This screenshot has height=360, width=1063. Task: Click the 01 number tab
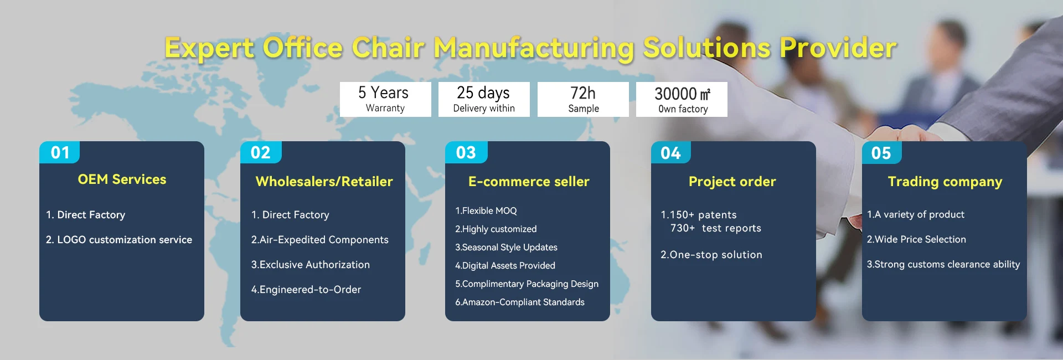pyautogui.click(x=60, y=152)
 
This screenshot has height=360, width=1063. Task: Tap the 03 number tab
pyautogui.click(x=466, y=152)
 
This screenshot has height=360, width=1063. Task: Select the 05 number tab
pyautogui.click(x=881, y=152)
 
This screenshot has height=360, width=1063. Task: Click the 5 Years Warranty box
pyautogui.click(x=385, y=99)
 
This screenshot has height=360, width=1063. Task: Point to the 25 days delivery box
pyautogui.click(x=484, y=99)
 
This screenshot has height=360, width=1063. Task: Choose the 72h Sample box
pyautogui.click(x=583, y=99)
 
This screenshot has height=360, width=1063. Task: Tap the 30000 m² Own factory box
pyautogui.click(x=682, y=99)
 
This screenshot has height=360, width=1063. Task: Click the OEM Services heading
pyautogui.click(x=122, y=179)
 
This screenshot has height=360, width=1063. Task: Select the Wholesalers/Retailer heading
pyautogui.click(x=324, y=182)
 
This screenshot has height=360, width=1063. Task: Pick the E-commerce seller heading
pyautogui.click(x=529, y=182)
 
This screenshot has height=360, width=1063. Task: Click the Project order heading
pyautogui.click(x=732, y=182)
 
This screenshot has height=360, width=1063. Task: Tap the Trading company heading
pyautogui.click(x=945, y=182)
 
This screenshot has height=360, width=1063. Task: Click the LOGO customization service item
pyautogui.click(x=119, y=240)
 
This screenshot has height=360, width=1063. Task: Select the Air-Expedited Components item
pyautogui.click(x=319, y=240)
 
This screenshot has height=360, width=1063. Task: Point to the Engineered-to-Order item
pyautogui.click(x=306, y=290)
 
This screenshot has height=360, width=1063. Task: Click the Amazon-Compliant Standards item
pyautogui.click(x=520, y=302)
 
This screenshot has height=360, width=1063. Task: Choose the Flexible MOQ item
pyautogui.click(x=486, y=211)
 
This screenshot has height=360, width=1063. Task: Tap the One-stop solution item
pyautogui.click(x=711, y=255)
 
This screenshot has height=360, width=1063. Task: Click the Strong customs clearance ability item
pyautogui.click(x=943, y=265)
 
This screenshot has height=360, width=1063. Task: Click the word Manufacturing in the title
pyautogui.click(x=534, y=48)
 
